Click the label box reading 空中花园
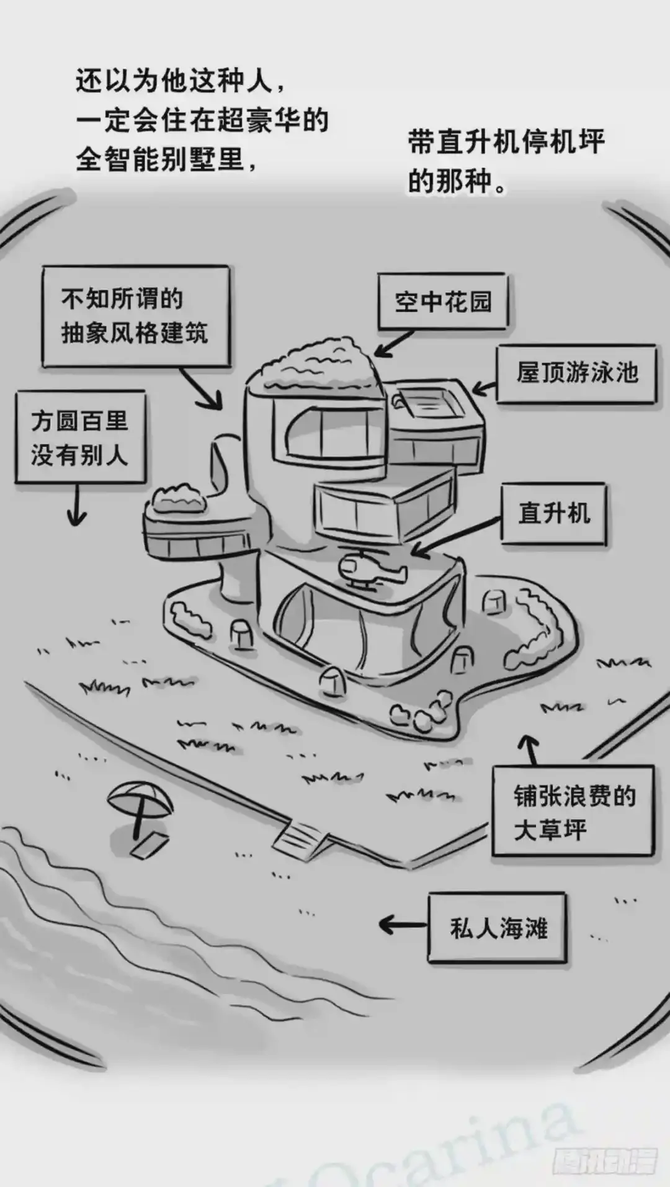pyautogui.click(x=443, y=302)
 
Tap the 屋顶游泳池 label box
pyautogui.click(x=576, y=374)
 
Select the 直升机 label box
pyautogui.click(x=553, y=514)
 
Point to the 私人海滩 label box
pyautogui.click(x=498, y=928)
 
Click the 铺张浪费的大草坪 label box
pyautogui.click(x=573, y=812)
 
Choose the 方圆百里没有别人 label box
pyautogui.click(x=80, y=437)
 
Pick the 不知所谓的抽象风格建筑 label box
pyautogui.click(x=135, y=316)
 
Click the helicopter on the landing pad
pyautogui.click(x=368, y=570)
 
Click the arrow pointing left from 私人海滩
pyautogui.click(x=403, y=925)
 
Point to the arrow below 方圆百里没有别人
pyautogui.click(x=77, y=504)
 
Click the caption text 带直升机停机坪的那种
pyautogui.click(x=506, y=161)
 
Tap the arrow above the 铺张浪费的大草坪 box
pyautogui.click(x=530, y=750)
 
